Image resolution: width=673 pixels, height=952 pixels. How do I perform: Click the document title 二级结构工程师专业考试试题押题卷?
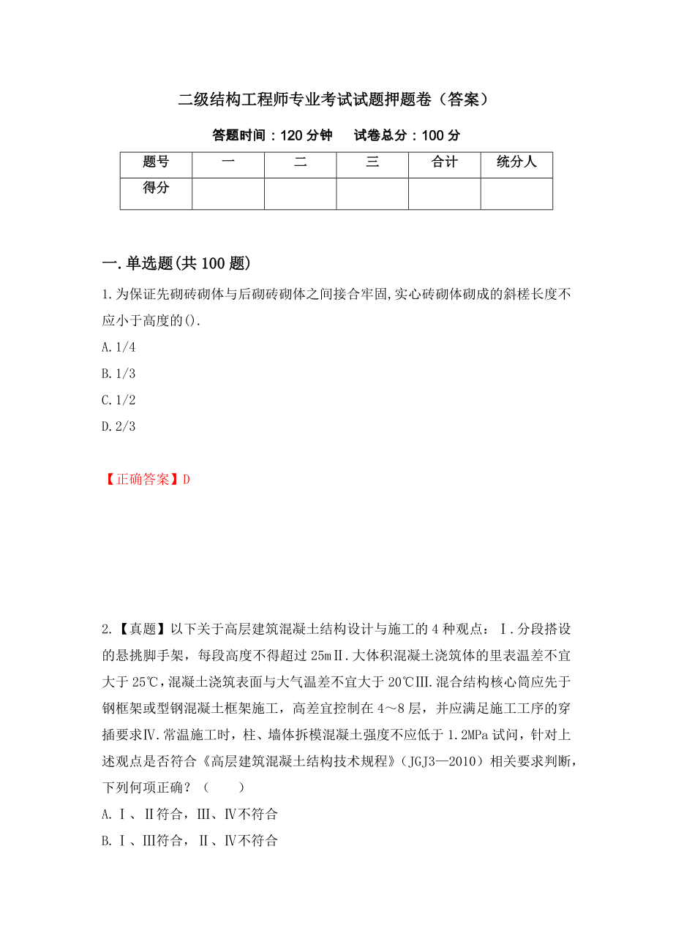[x=333, y=100]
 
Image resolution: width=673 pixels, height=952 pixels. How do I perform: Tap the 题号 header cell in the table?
[x=156, y=162]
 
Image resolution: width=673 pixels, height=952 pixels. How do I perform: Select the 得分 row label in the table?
[x=156, y=189]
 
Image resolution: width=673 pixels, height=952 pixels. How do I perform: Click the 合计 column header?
[x=444, y=162]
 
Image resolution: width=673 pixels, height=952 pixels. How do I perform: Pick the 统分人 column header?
[x=516, y=162]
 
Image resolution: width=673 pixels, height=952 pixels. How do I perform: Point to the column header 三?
[x=372, y=162]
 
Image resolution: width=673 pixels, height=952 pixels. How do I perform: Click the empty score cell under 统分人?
[x=516, y=194]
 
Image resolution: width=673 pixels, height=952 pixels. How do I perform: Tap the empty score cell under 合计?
[x=444, y=194]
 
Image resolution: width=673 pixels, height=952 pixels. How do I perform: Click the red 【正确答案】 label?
[x=142, y=479]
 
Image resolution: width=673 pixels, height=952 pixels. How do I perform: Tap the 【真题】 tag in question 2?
[x=142, y=628]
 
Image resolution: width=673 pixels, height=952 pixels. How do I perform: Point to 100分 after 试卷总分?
[x=442, y=135]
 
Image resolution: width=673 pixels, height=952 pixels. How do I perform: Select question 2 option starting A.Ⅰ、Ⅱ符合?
[x=190, y=814]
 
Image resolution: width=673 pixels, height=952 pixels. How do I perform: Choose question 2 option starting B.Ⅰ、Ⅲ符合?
[x=190, y=840]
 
